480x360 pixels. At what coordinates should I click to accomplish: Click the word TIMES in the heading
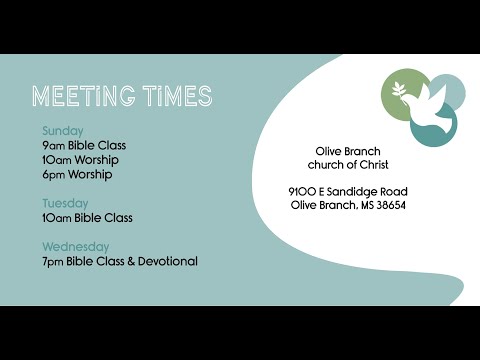176,96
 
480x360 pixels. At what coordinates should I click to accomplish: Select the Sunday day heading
63,131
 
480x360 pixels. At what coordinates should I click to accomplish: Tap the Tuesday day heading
65,203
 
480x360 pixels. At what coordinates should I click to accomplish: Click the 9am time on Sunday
53,145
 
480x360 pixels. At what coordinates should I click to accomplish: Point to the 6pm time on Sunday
53,174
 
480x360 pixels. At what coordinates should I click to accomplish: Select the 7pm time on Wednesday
53,261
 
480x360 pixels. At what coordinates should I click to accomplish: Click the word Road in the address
393,191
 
